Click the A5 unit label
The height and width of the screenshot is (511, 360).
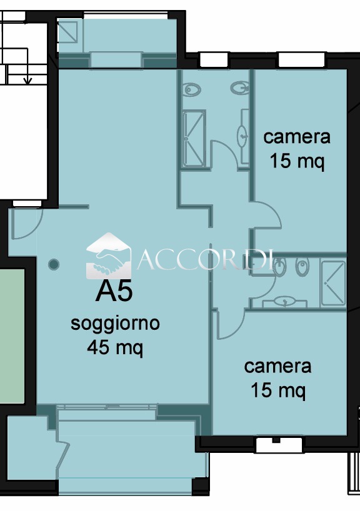pos(114,291)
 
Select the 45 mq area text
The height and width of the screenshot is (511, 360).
pos(115,347)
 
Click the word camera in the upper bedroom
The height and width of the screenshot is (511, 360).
pos(297,137)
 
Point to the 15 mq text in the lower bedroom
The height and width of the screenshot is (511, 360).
pos(278,390)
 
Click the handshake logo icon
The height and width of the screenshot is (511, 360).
pos(109,256)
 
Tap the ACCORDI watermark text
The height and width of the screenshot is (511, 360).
pos(205,260)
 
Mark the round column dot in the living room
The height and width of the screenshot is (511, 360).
pos(54,264)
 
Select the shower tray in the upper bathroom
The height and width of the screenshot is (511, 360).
pos(194,139)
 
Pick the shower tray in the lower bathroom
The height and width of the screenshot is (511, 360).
pos(333,283)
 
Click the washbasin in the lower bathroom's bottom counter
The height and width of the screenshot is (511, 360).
pos(284,302)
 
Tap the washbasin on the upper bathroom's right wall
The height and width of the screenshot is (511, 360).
pos(242,135)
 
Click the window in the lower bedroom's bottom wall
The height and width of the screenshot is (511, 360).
pos(279,445)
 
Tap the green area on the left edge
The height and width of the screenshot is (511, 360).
pos(12,335)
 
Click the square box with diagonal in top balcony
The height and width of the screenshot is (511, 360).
pos(68,32)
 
